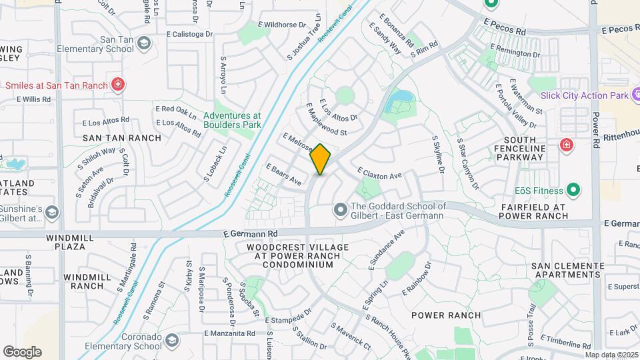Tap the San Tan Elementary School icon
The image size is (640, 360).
click(143, 45)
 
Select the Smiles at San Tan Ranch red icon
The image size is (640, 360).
click(117, 85)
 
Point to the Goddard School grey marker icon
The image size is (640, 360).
click(341, 211)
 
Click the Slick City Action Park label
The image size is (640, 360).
click(584, 96)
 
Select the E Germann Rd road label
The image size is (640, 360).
click(251, 234)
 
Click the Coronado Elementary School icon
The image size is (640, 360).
click(172, 341)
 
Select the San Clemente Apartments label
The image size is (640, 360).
click(567, 270)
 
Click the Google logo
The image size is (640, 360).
click(22, 351)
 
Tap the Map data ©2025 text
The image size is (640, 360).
click(611, 355)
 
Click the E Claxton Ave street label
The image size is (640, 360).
click(379, 173)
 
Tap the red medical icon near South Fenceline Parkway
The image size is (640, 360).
click(567, 145)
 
